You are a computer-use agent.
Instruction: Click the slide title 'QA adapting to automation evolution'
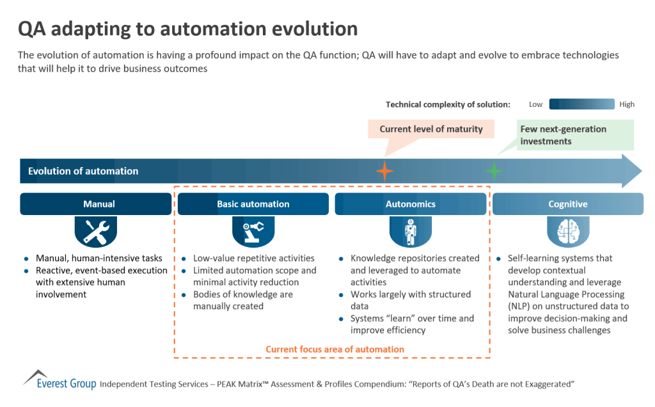pyautogui.click(x=188, y=29)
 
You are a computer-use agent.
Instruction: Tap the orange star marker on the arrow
pyautogui.click(x=384, y=171)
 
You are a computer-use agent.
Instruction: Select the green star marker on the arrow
pyautogui.click(x=494, y=171)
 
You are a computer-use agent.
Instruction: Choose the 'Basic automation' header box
pyautogui.click(x=253, y=204)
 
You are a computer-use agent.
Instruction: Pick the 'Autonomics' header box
pyautogui.click(x=410, y=204)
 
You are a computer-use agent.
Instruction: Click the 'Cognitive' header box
pyautogui.click(x=567, y=204)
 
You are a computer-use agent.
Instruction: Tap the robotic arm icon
pyautogui.click(x=253, y=232)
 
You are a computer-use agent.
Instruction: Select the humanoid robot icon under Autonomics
pyautogui.click(x=410, y=232)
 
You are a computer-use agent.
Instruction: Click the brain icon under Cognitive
pyautogui.click(x=567, y=232)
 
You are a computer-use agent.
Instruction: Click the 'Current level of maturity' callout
pyautogui.click(x=431, y=129)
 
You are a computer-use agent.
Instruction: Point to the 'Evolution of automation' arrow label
pyautogui.click(x=83, y=171)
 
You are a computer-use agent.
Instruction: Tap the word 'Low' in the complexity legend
pyautogui.click(x=535, y=104)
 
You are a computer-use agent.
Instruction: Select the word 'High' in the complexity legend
pyautogui.click(x=626, y=104)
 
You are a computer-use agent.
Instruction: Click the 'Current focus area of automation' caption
pyautogui.click(x=335, y=349)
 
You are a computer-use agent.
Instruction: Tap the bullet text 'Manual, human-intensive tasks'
pyautogui.click(x=99, y=259)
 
